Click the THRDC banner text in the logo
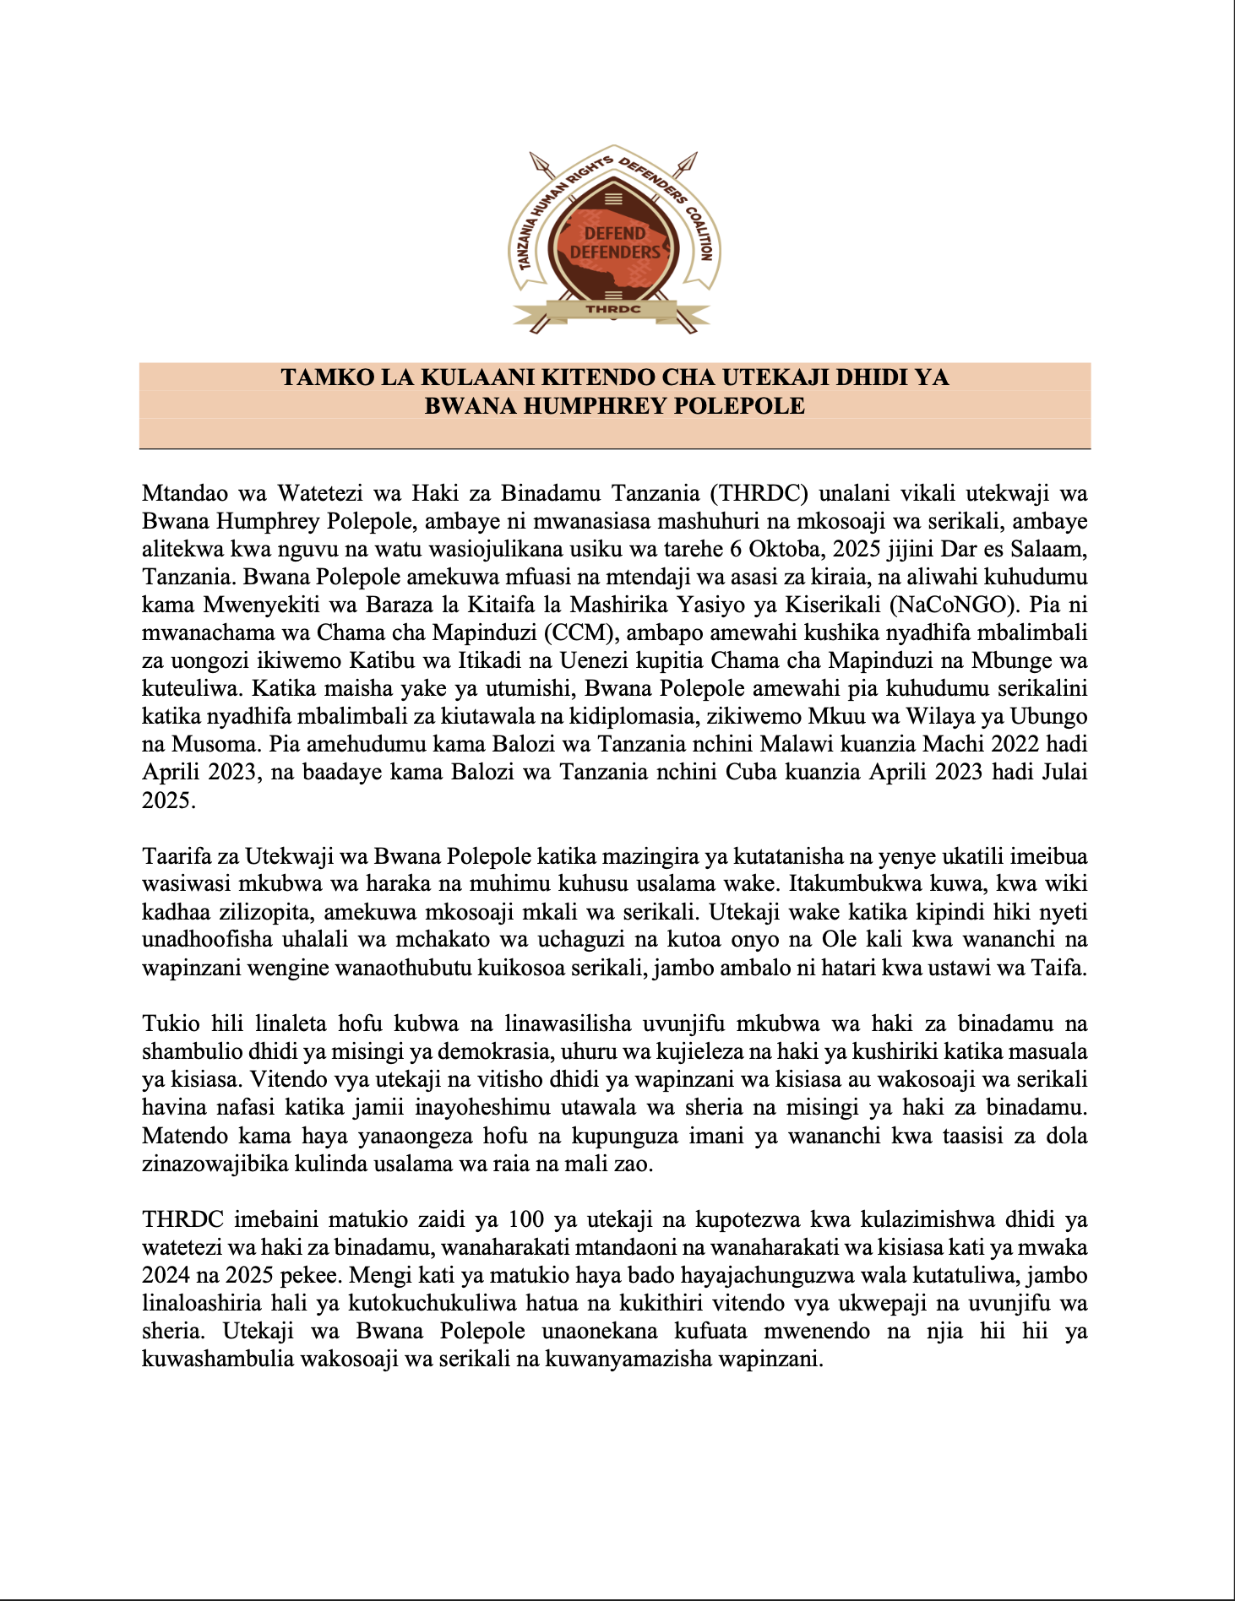613,309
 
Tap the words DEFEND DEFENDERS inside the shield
615,242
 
